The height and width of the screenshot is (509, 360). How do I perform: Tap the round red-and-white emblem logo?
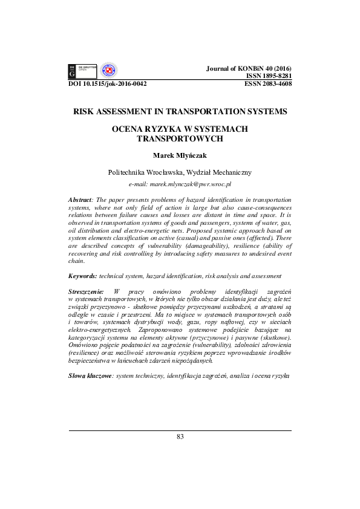coord(108,71)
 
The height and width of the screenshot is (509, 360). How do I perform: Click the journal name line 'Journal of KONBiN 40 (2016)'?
coord(249,69)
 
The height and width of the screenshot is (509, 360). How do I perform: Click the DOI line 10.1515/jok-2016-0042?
coord(107,85)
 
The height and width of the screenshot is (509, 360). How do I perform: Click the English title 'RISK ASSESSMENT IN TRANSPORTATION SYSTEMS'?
coord(180,112)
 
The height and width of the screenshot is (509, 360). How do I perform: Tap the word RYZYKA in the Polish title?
coord(163,129)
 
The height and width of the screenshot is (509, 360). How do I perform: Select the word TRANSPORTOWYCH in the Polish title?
coord(180,138)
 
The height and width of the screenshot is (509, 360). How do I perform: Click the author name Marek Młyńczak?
coord(180,155)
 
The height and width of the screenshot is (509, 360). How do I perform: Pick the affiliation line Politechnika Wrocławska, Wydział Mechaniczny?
coord(180,172)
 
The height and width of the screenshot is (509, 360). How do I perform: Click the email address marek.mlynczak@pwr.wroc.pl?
coord(180,183)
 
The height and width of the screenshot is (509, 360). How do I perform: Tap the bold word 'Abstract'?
coord(79,199)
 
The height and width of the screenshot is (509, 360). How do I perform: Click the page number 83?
coord(180,436)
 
